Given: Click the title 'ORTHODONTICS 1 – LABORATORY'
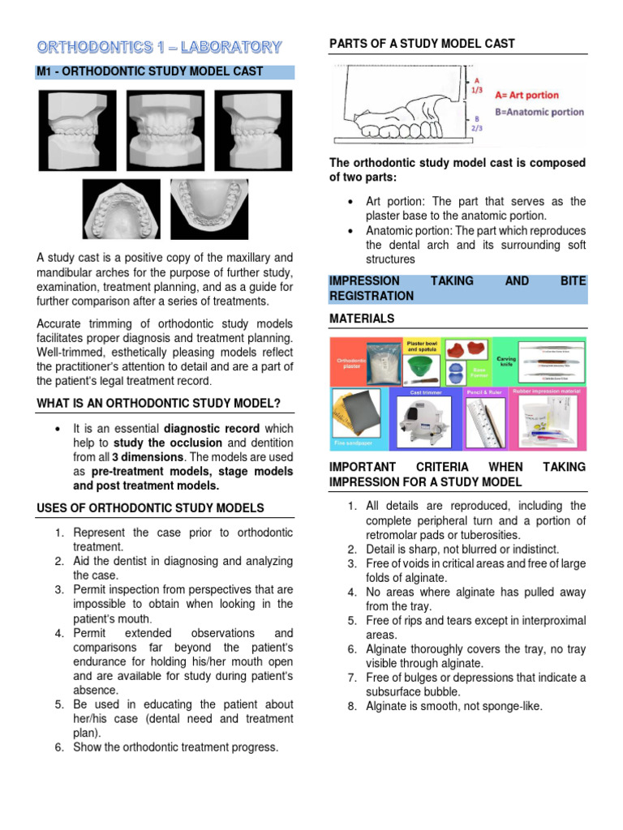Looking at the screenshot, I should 159,47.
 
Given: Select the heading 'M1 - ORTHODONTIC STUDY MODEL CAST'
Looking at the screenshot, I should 150,71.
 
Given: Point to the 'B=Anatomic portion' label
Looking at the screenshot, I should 531,112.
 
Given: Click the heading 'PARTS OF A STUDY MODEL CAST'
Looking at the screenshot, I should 422,44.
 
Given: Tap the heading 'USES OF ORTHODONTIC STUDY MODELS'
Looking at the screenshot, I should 150,508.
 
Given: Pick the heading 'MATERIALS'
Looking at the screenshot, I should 362,319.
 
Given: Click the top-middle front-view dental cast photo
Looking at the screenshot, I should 165,130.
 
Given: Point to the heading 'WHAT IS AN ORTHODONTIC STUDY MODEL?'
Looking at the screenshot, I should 159,404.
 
